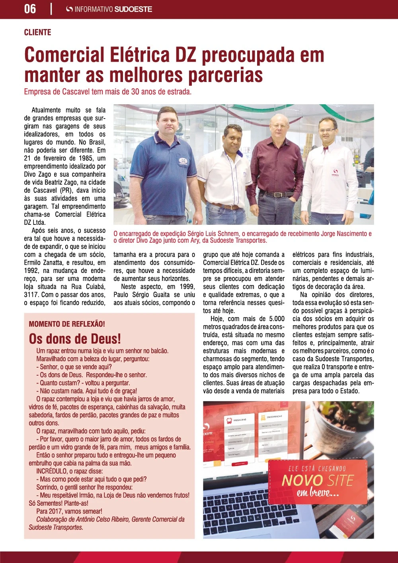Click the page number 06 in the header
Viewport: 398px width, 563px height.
30,9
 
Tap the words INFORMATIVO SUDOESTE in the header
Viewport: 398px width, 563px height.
113,9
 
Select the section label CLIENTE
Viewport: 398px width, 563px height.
37,32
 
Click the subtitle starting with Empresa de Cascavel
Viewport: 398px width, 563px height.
108,92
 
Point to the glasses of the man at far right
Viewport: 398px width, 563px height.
328,130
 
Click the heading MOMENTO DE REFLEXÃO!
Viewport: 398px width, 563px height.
67,324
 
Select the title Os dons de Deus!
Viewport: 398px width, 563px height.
75,339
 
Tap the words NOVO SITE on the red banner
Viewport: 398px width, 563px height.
317,481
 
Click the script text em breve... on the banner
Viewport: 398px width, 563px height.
318,493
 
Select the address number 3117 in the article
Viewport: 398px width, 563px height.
32,295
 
